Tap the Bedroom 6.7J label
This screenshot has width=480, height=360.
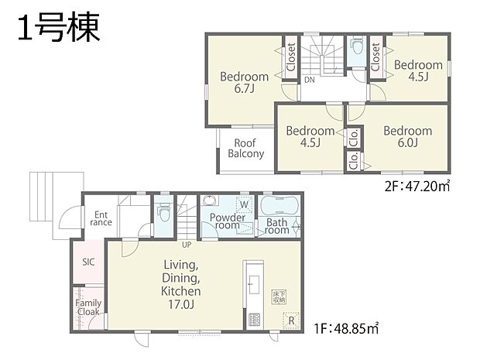click(244, 82)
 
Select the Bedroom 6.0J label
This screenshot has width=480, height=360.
click(407, 136)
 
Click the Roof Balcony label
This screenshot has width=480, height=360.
click(245, 148)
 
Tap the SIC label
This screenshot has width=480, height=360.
click(88, 262)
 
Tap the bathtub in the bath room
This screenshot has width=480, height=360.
click(279, 206)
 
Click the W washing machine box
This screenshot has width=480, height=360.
click(244, 204)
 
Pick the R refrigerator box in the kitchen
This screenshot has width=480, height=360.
click(290, 319)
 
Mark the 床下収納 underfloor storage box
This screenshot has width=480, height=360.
click(279, 296)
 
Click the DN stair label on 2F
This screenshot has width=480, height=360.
click(309, 80)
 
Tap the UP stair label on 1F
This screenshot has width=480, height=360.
click(187, 245)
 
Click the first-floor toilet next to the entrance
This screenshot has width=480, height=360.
click(163, 211)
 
